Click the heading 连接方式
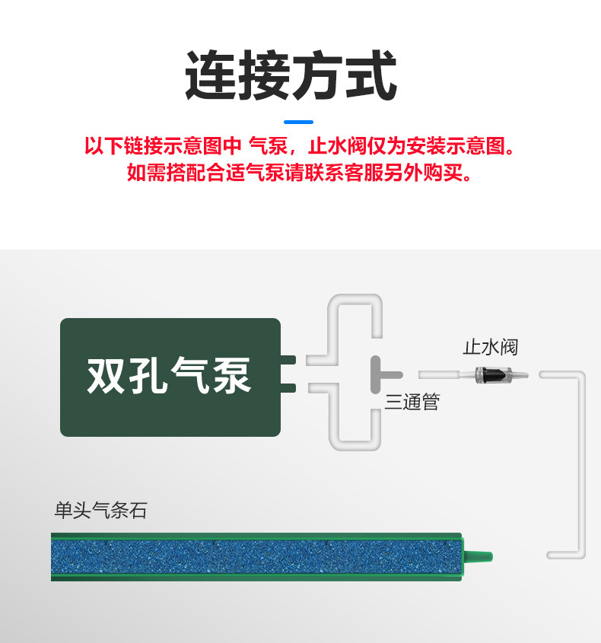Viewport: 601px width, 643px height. pyautogui.click(x=291, y=76)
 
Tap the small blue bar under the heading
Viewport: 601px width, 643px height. pyautogui.click(x=297, y=122)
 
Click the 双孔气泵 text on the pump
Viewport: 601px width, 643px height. pyautogui.click(x=169, y=376)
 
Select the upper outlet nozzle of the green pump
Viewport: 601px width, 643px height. pyautogui.click(x=288, y=359)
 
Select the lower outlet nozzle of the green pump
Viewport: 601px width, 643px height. pyautogui.click(x=288, y=389)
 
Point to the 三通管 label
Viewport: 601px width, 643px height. pyautogui.click(x=412, y=402)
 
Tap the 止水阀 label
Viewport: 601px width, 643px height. pyautogui.click(x=491, y=347)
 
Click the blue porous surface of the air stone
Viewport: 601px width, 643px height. pyautogui.click(x=255, y=556)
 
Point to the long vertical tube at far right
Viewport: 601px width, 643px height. pyautogui.click(x=580, y=464)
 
